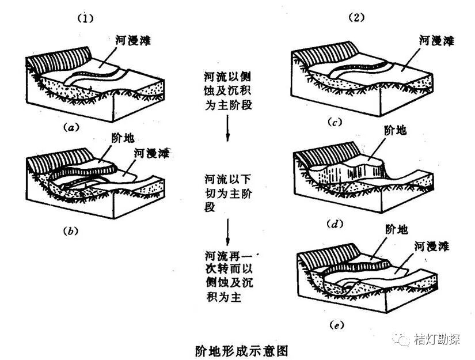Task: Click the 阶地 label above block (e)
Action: pyautogui.click(x=396, y=230)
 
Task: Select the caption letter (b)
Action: pyautogui.click(x=69, y=231)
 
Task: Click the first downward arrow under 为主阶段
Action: pyautogui.click(x=228, y=128)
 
